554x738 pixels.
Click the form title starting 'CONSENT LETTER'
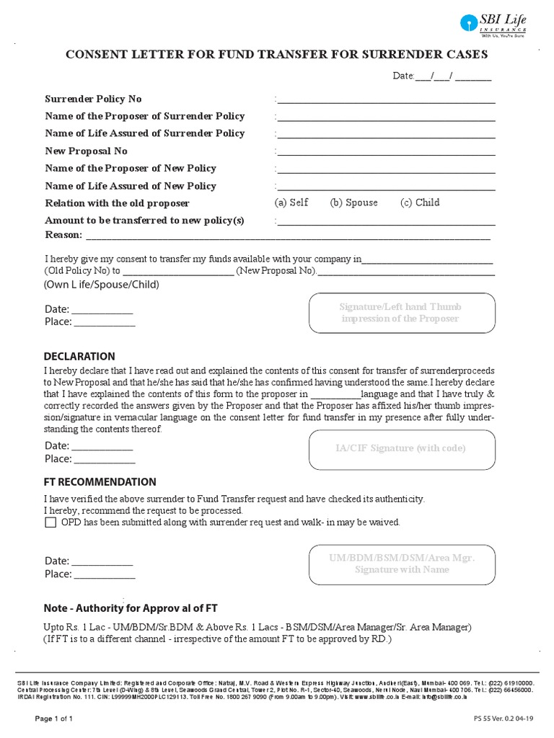coord(277,54)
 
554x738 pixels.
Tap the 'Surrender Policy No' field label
coord(93,99)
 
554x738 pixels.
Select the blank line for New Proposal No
coord(386,151)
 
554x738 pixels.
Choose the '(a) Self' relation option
coord(291,203)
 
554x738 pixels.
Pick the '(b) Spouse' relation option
coord(353,203)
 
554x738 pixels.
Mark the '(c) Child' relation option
coord(420,203)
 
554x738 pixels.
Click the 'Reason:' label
coord(63,235)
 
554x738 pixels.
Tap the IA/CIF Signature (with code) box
coord(400,448)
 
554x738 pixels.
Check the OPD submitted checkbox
coord(50,523)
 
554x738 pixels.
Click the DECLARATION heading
coord(79,356)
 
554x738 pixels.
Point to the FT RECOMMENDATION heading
coord(100,481)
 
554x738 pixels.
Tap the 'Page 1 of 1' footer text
coord(53,719)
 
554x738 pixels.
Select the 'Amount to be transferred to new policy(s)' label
coord(144,220)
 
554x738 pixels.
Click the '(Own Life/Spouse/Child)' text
coord(102,285)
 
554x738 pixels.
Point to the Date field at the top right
coord(441,76)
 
